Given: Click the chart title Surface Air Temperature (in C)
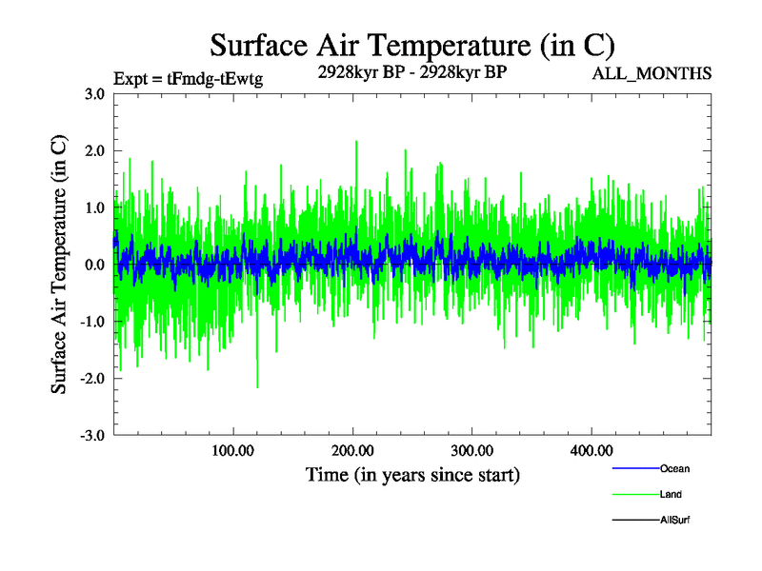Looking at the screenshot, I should pyautogui.click(x=411, y=45).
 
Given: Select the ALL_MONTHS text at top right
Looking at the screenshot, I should pyautogui.click(x=651, y=73).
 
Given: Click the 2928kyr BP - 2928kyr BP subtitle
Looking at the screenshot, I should pyautogui.click(x=411, y=71).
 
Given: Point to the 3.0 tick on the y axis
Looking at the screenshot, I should pyautogui.click(x=93, y=93).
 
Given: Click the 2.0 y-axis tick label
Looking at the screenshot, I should pyautogui.click(x=93, y=150).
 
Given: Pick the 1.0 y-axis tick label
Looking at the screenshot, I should pyautogui.click(x=93, y=207).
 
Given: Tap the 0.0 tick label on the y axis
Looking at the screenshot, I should pyautogui.click(x=93, y=265).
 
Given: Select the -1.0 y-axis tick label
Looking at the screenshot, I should pyautogui.click(x=91, y=322).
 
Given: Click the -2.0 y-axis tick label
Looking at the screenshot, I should pyautogui.click(x=91, y=379).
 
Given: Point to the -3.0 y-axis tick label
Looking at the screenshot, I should pyautogui.click(x=91, y=436).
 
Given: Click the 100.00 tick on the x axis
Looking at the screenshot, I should pyautogui.click(x=232, y=450).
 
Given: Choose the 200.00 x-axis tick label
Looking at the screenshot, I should pyautogui.click(x=352, y=450).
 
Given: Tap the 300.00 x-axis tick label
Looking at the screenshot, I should pyautogui.click(x=471, y=450).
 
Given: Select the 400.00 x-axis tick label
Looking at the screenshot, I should pyautogui.click(x=591, y=450).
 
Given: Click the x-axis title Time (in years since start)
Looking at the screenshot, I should pyautogui.click(x=412, y=474).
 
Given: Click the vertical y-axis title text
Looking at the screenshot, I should pyautogui.click(x=59, y=265).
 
